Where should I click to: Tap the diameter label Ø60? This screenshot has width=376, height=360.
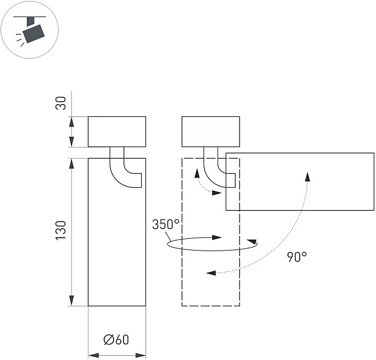pos(116,340)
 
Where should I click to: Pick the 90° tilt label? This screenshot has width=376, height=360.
pos(297,256)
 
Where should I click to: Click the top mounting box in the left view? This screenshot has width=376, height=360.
pos(117,131)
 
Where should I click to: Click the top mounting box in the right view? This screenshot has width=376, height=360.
pos(211,131)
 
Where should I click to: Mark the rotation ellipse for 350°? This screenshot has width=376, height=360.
pos(212,245)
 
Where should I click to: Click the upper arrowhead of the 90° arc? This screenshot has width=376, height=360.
pos(307,177)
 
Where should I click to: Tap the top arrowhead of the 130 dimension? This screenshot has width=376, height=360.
pos(71,163)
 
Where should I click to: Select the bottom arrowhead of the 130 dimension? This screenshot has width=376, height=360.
pos(71,302)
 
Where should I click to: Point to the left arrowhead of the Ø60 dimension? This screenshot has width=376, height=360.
pos(93,355)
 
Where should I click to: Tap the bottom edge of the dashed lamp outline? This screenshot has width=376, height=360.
pos(211,306)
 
